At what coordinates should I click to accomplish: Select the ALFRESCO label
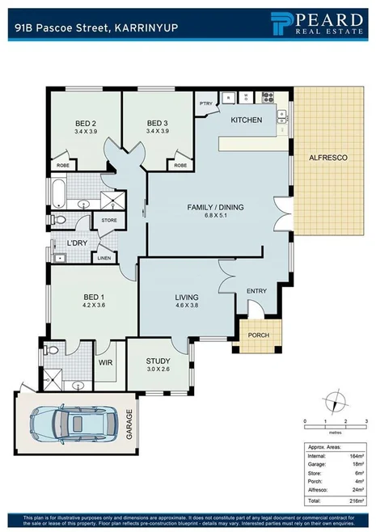[x=328, y=159]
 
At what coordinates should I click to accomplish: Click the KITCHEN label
[x=246, y=120]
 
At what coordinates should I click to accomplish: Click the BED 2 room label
[x=85, y=122]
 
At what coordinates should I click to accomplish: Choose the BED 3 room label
[x=157, y=122]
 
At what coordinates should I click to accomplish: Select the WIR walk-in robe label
[x=105, y=363]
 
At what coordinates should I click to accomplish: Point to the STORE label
[x=109, y=218]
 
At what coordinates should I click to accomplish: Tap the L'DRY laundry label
[x=78, y=243]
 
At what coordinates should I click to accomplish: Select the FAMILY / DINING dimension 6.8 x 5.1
[x=215, y=217]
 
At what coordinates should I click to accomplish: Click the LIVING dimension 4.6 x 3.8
[x=187, y=306]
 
